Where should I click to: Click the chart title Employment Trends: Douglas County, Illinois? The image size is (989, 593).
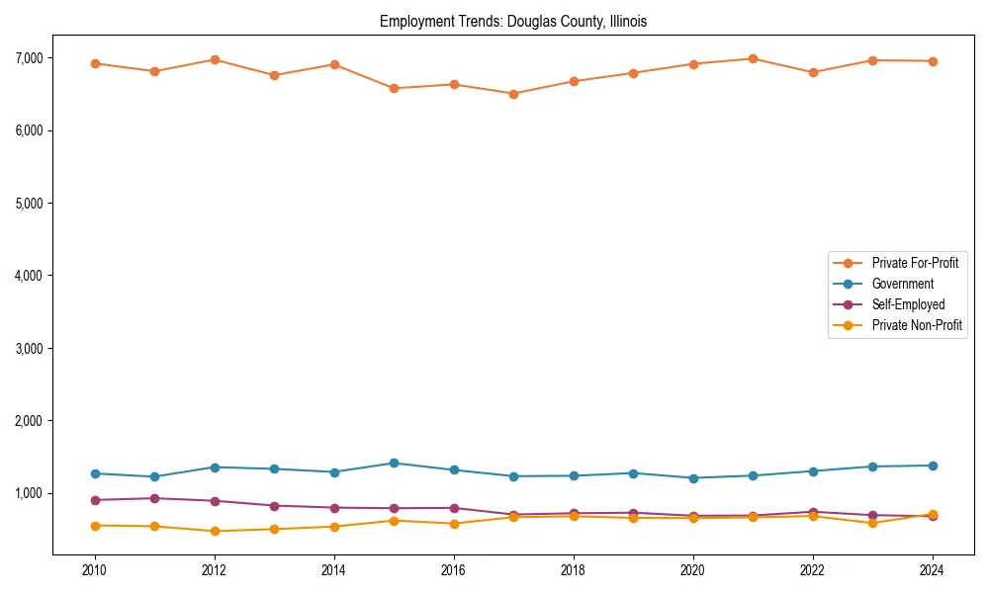point(513,21)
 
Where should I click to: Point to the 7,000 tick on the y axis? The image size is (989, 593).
point(28,58)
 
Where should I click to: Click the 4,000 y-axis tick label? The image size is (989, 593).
point(28,276)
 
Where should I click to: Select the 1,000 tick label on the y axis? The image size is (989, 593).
point(28,493)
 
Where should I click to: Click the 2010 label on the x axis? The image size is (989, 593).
point(95,570)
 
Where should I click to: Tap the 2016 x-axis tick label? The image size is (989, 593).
point(453,570)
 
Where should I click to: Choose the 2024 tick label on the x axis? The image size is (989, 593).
point(932,570)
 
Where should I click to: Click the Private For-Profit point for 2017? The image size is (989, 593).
point(513,94)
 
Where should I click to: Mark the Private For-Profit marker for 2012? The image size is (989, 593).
point(215,59)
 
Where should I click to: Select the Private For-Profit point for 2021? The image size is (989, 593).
point(753,58)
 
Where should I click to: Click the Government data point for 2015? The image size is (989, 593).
point(394,463)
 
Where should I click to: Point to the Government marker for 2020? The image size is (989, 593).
point(692,478)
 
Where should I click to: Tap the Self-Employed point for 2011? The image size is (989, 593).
point(154,498)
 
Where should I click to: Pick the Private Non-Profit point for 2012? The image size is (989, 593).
point(215,531)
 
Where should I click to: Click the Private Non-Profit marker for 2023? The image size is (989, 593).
point(872,523)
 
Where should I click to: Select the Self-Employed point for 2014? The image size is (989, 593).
point(334,508)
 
